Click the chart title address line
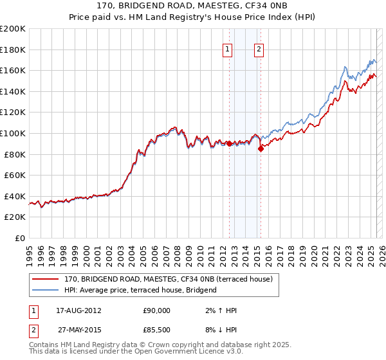tap(192, 6)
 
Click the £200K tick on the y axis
tap(13, 29)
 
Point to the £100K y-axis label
tap(13, 134)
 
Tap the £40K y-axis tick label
tap(15, 196)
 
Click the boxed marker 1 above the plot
tap(228, 50)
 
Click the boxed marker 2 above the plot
tap(259, 50)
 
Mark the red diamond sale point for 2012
tap(230, 144)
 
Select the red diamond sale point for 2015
tap(261, 148)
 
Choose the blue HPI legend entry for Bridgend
tap(140, 290)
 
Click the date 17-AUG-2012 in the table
tap(80, 310)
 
